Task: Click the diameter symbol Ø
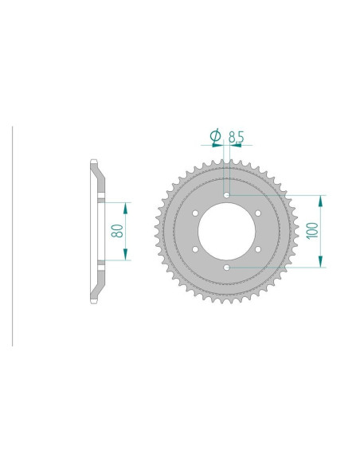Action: tap(215, 137)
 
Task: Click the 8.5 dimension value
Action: tap(236, 137)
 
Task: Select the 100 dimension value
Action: tap(312, 231)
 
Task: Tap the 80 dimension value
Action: tap(117, 232)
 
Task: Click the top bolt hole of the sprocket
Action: tap(227, 194)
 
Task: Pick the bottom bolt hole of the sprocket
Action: tap(227, 268)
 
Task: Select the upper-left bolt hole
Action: tap(195, 213)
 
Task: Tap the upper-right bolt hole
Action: tap(259, 213)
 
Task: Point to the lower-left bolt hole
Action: tap(195, 249)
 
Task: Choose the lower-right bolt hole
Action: tap(259, 249)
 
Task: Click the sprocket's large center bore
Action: tap(227, 231)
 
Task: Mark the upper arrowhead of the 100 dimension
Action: tap(323, 199)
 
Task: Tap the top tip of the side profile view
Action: tap(94, 163)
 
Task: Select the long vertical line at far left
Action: tap(13, 235)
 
